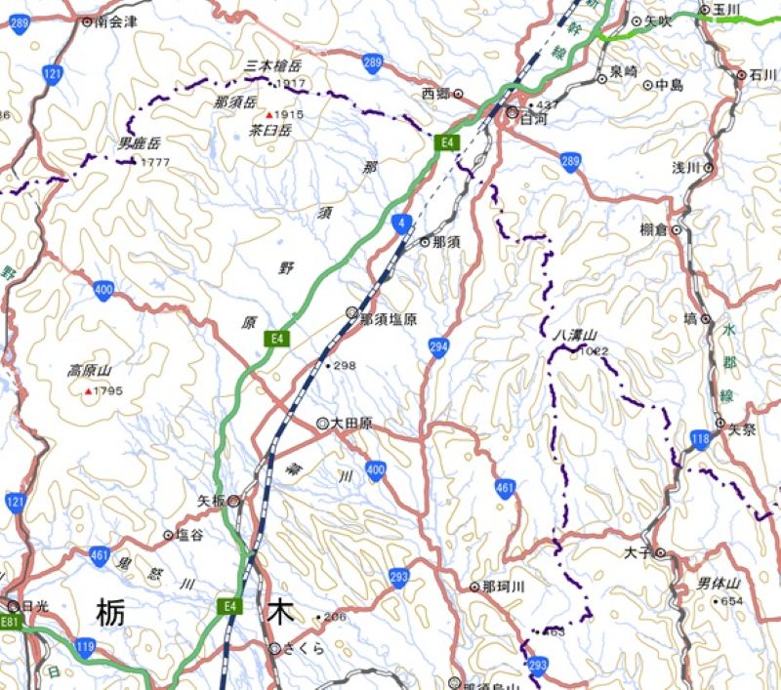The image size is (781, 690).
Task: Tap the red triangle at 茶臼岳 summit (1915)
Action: tap(269, 115)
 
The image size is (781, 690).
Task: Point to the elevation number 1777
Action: tap(155, 162)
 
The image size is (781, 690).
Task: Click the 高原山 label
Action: tap(90, 371)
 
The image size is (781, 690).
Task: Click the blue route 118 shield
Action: tap(699, 439)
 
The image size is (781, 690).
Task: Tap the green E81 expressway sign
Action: tap(10, 622)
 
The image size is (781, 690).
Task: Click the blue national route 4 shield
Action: tap(402, 224)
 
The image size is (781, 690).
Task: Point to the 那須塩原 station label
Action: tap(388, 318)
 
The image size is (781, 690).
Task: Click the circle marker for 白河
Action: tap(512, 114)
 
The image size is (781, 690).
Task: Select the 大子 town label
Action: tap(636, 552)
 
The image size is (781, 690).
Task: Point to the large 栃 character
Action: tap(111, 614)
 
